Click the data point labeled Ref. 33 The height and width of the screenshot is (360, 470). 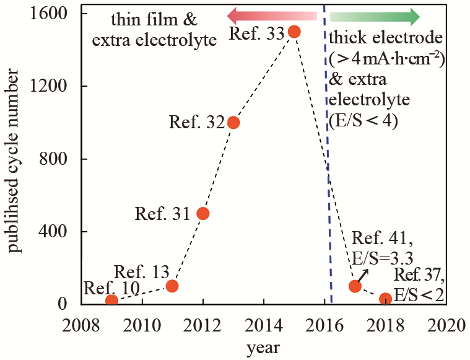[x=294, y=31]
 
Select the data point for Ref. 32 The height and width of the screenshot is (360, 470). [x=233, y=122]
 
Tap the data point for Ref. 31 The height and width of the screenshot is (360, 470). [x=202, y=213]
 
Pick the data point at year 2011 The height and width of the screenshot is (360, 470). [x=172, y=286]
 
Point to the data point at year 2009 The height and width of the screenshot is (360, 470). [x=111, y=301]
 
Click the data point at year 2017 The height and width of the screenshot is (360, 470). [x=355, y=286]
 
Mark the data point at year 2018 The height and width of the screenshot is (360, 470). [x=385, y=299]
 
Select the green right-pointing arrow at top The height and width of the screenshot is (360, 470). [x=375, y=15]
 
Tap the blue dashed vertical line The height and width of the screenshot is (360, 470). [x=328, y=186]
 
